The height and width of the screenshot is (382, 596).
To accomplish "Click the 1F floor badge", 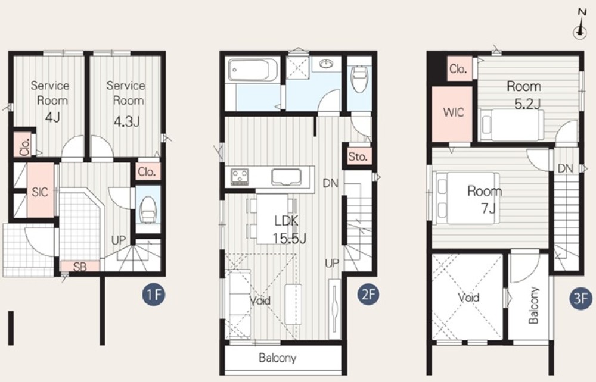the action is coord(154,295).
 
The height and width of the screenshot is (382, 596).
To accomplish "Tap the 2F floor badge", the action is coord(368,295).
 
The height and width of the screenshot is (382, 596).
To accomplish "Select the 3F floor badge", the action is coord(581,298).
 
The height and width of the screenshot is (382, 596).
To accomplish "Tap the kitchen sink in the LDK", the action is coord(286,177).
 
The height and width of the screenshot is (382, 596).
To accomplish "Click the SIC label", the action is coord(39,192).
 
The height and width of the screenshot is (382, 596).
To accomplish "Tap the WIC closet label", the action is coord(454,112).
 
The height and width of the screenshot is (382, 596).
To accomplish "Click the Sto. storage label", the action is coord(358,156).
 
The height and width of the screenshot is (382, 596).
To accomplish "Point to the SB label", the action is coord(80,267).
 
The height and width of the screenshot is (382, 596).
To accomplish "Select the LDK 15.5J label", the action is coord(288,230).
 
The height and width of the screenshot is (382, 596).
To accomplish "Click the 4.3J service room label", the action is coord(126,103).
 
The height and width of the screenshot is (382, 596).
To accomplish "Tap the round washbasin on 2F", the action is coord(326,64).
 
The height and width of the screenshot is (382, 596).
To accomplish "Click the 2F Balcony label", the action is coord(277,358).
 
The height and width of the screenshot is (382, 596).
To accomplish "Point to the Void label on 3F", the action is coord(468,298).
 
